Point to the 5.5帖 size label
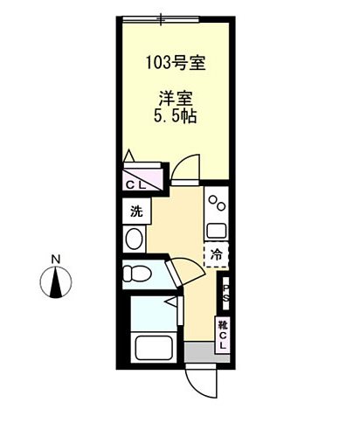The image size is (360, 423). coord(176,116)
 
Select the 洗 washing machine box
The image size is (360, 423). coord(135,211)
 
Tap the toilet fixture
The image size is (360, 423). coord(138,274)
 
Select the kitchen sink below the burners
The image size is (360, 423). coord(216,231)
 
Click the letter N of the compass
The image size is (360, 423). coord(54,259)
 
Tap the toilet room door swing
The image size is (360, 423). coord(178,270)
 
